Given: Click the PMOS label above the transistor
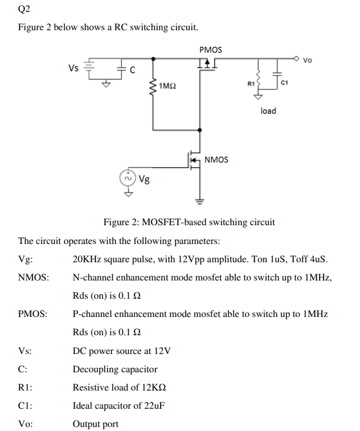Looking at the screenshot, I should point(211,50).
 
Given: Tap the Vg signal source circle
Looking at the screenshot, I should point(128,179).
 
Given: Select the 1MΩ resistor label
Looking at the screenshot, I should point(167,86).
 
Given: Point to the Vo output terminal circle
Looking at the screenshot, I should point(297,58).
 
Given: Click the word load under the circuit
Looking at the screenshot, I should point(268,111).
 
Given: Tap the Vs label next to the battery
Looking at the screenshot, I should point(73,68).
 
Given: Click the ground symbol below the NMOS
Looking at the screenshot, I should point(199,200).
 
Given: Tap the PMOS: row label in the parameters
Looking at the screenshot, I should point(32,314).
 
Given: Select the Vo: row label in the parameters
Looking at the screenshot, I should point(26,424).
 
